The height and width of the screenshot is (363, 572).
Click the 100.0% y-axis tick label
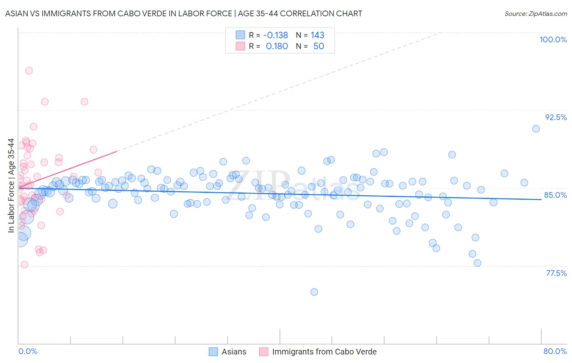click(x=553, y=39)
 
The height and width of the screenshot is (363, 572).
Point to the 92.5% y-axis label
click(x=556, y=117)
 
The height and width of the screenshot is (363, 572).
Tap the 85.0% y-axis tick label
click(x=555, y=195)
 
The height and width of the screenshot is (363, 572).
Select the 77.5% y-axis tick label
click(x=556, y=273)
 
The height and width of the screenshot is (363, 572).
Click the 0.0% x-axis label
click(x=28, y=351)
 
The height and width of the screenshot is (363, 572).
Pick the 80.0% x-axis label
click(x=555, y=351)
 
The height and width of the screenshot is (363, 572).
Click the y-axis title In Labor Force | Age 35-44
click(x=11, y=186)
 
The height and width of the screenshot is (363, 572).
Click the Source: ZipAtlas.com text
click(x=535, y=14)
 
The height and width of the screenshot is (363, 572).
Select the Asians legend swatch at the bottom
click(x=214, y=352)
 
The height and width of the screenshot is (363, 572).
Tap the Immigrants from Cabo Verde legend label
click(x=324, y=352)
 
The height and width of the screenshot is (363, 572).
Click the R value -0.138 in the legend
click(x=275, y=35)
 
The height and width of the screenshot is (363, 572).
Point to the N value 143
click(x=317, y=35)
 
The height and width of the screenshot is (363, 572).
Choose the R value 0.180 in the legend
click(x=277, y=46)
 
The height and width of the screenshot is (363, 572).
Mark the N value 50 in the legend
click(x=319, y=46)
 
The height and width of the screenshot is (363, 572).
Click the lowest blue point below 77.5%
click(x=314, y=292)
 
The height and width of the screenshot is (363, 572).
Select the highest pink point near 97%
click(x=29, y=71)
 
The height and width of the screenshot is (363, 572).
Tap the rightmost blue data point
click(x=536, y=129)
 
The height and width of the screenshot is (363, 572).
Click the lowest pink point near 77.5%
click(x=24, y=265)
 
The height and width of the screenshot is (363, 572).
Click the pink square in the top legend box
click(x=240, y=46)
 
